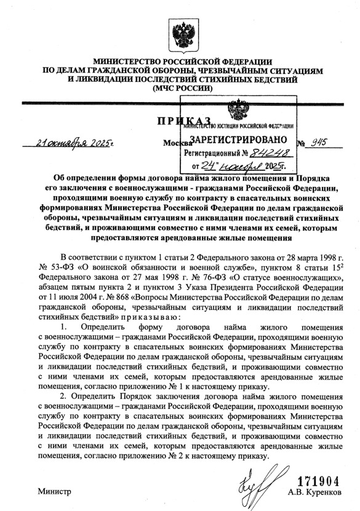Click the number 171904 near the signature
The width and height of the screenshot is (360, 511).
coord(318,480)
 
